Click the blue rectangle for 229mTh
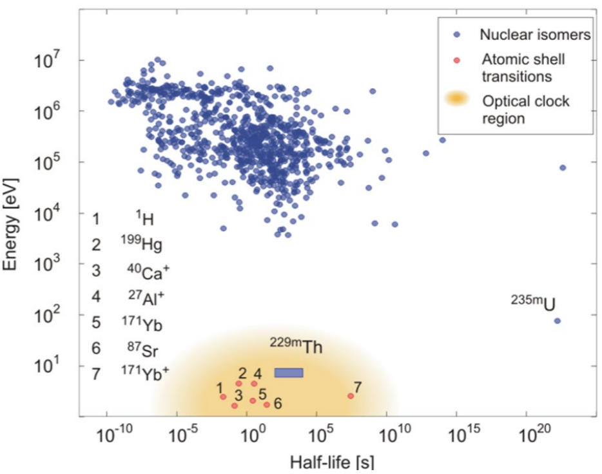click(x=289, y=372)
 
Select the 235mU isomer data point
click(x=558, y=321)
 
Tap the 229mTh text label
click(x=296, y=346)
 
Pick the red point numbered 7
click(x=351, y=395)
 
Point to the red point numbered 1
click(x=223, y=397)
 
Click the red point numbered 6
click(x=266, y=404)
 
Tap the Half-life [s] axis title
click(x=333, y=462)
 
